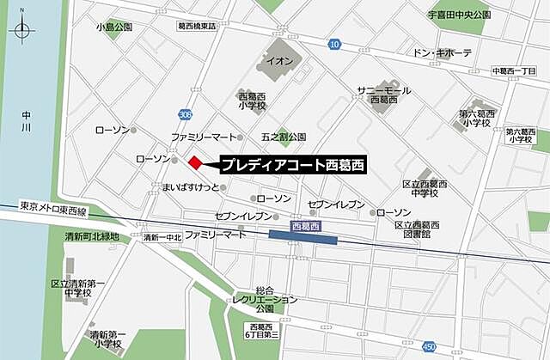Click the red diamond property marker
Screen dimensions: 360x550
[x=196, y=162]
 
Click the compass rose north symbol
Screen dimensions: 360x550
[x=22, y=32]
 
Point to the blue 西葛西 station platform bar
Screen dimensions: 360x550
[x=302, y=236]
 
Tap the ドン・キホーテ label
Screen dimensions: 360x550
[x=443, y=53]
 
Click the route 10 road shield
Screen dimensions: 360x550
[x=334, y=44]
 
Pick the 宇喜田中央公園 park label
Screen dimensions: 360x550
[x=459, y=15]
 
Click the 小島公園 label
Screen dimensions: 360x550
[x=115, y=27]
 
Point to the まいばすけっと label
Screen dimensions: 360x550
[x=188, y=186]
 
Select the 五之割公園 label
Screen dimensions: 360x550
[x=284, y=137]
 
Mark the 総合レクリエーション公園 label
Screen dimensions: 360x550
[x=264, y=299]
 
